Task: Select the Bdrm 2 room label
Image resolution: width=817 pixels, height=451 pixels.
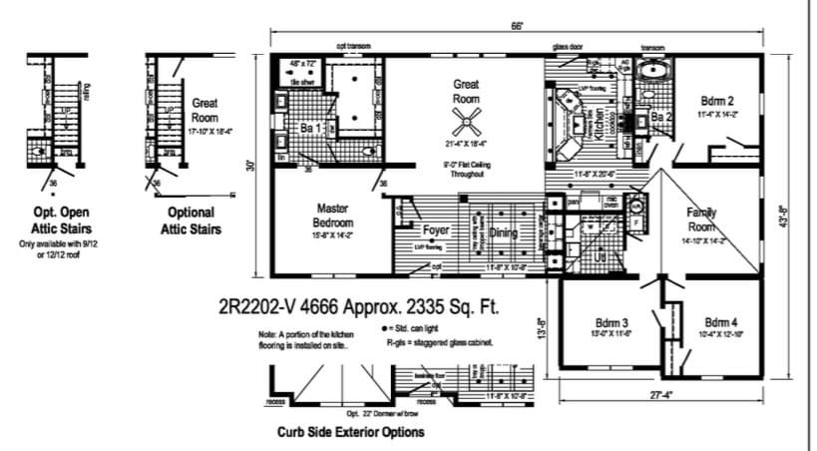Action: (x=717, y=101)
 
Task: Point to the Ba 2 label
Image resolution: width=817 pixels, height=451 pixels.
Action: (x=661, y=118)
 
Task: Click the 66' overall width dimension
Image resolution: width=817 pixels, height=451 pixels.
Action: (x=517, y=26)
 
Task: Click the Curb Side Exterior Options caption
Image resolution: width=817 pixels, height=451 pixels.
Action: (x=350, y=432)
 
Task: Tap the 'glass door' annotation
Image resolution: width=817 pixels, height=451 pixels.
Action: (x=569, y=46)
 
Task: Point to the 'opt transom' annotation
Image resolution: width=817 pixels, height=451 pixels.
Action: (x=353, y=46)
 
